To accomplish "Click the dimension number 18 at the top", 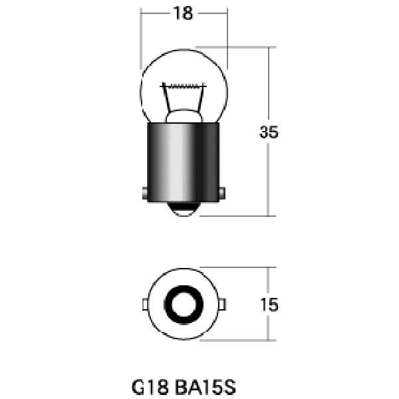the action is click(x=183, y=13).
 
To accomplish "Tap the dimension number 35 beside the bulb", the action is click(x=269, y=132).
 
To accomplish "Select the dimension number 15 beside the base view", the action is click(x=269, y=305).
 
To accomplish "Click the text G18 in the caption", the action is click(x=150, y=387).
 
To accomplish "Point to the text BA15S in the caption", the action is click(x=205, y=387).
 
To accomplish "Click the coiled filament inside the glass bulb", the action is click(x=184, y=86).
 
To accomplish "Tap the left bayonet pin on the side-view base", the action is click(x=145, y=194).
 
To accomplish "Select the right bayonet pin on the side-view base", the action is click(x=222, y=194).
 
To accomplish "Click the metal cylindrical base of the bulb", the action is click(x=184, y=162).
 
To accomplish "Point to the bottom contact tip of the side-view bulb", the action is click(x=184, y=209).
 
